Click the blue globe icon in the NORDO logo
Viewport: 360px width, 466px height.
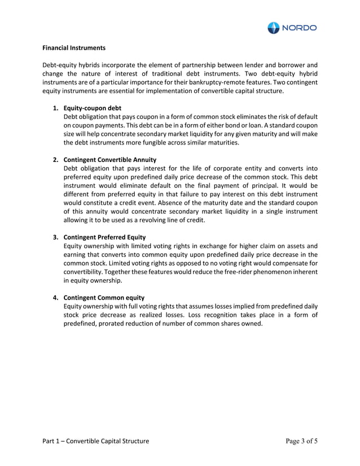pyautogui.click(x=274, y=28)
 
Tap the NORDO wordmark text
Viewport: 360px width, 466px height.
pyautogui.click(x=299, y=28)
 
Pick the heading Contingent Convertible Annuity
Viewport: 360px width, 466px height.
pyautogui.click(x=110, y=160)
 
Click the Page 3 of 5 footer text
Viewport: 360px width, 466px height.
pyautogui.click(x=302, y=441)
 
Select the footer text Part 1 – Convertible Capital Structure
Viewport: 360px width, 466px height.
pyautogui.click(x=96, y=441)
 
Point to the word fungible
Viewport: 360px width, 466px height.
pyautogui.click(x=160, y=143)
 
